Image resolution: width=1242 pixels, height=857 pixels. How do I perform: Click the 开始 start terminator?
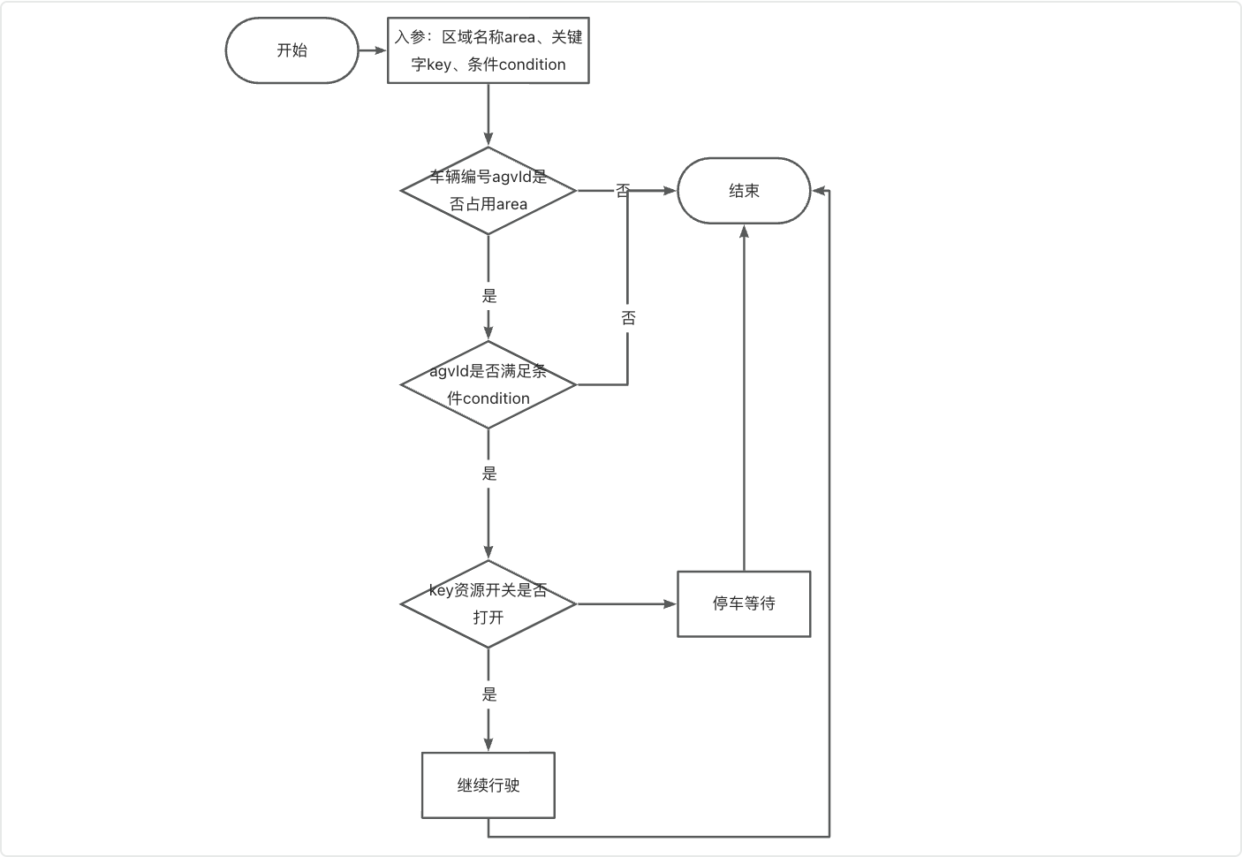(x=292, y=50)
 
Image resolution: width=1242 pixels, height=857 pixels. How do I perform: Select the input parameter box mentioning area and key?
(x=488, y=50)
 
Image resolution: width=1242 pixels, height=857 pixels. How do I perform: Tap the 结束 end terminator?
(x=744, y=191)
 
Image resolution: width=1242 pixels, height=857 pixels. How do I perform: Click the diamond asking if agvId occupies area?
(x=488, y=191)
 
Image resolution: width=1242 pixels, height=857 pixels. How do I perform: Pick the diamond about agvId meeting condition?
(x=488, y=385)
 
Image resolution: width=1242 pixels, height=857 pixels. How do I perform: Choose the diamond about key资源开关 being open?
(x=488, y=604)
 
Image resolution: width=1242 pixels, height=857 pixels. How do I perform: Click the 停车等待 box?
(x=744, y=604)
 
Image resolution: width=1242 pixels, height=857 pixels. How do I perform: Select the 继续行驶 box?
(x=488, y=785)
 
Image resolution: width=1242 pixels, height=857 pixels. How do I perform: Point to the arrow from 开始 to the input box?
(x=373, y=50)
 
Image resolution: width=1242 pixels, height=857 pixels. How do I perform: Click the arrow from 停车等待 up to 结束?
(x=744, y=398)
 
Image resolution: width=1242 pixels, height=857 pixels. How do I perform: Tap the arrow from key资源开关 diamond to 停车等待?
(x=627, y=604)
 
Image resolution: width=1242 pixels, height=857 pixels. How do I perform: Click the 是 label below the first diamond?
(x=489, y=296)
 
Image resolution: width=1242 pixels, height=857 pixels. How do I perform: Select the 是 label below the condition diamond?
(x=489, y=474)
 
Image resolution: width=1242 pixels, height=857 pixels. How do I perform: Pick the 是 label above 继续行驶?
(x=489, y=694)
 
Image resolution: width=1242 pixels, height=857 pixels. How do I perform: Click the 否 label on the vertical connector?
(x=628, y=318)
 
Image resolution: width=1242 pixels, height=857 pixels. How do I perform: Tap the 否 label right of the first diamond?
(x=623, y=190)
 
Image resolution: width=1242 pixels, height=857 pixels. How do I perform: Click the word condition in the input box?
(x=532, y=64)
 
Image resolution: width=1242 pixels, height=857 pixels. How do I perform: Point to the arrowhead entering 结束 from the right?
(x=820, y=191)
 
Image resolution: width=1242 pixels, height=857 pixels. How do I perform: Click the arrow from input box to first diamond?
(x=488, y=115)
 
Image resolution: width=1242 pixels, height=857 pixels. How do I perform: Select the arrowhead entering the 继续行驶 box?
(x=488, y=744)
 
